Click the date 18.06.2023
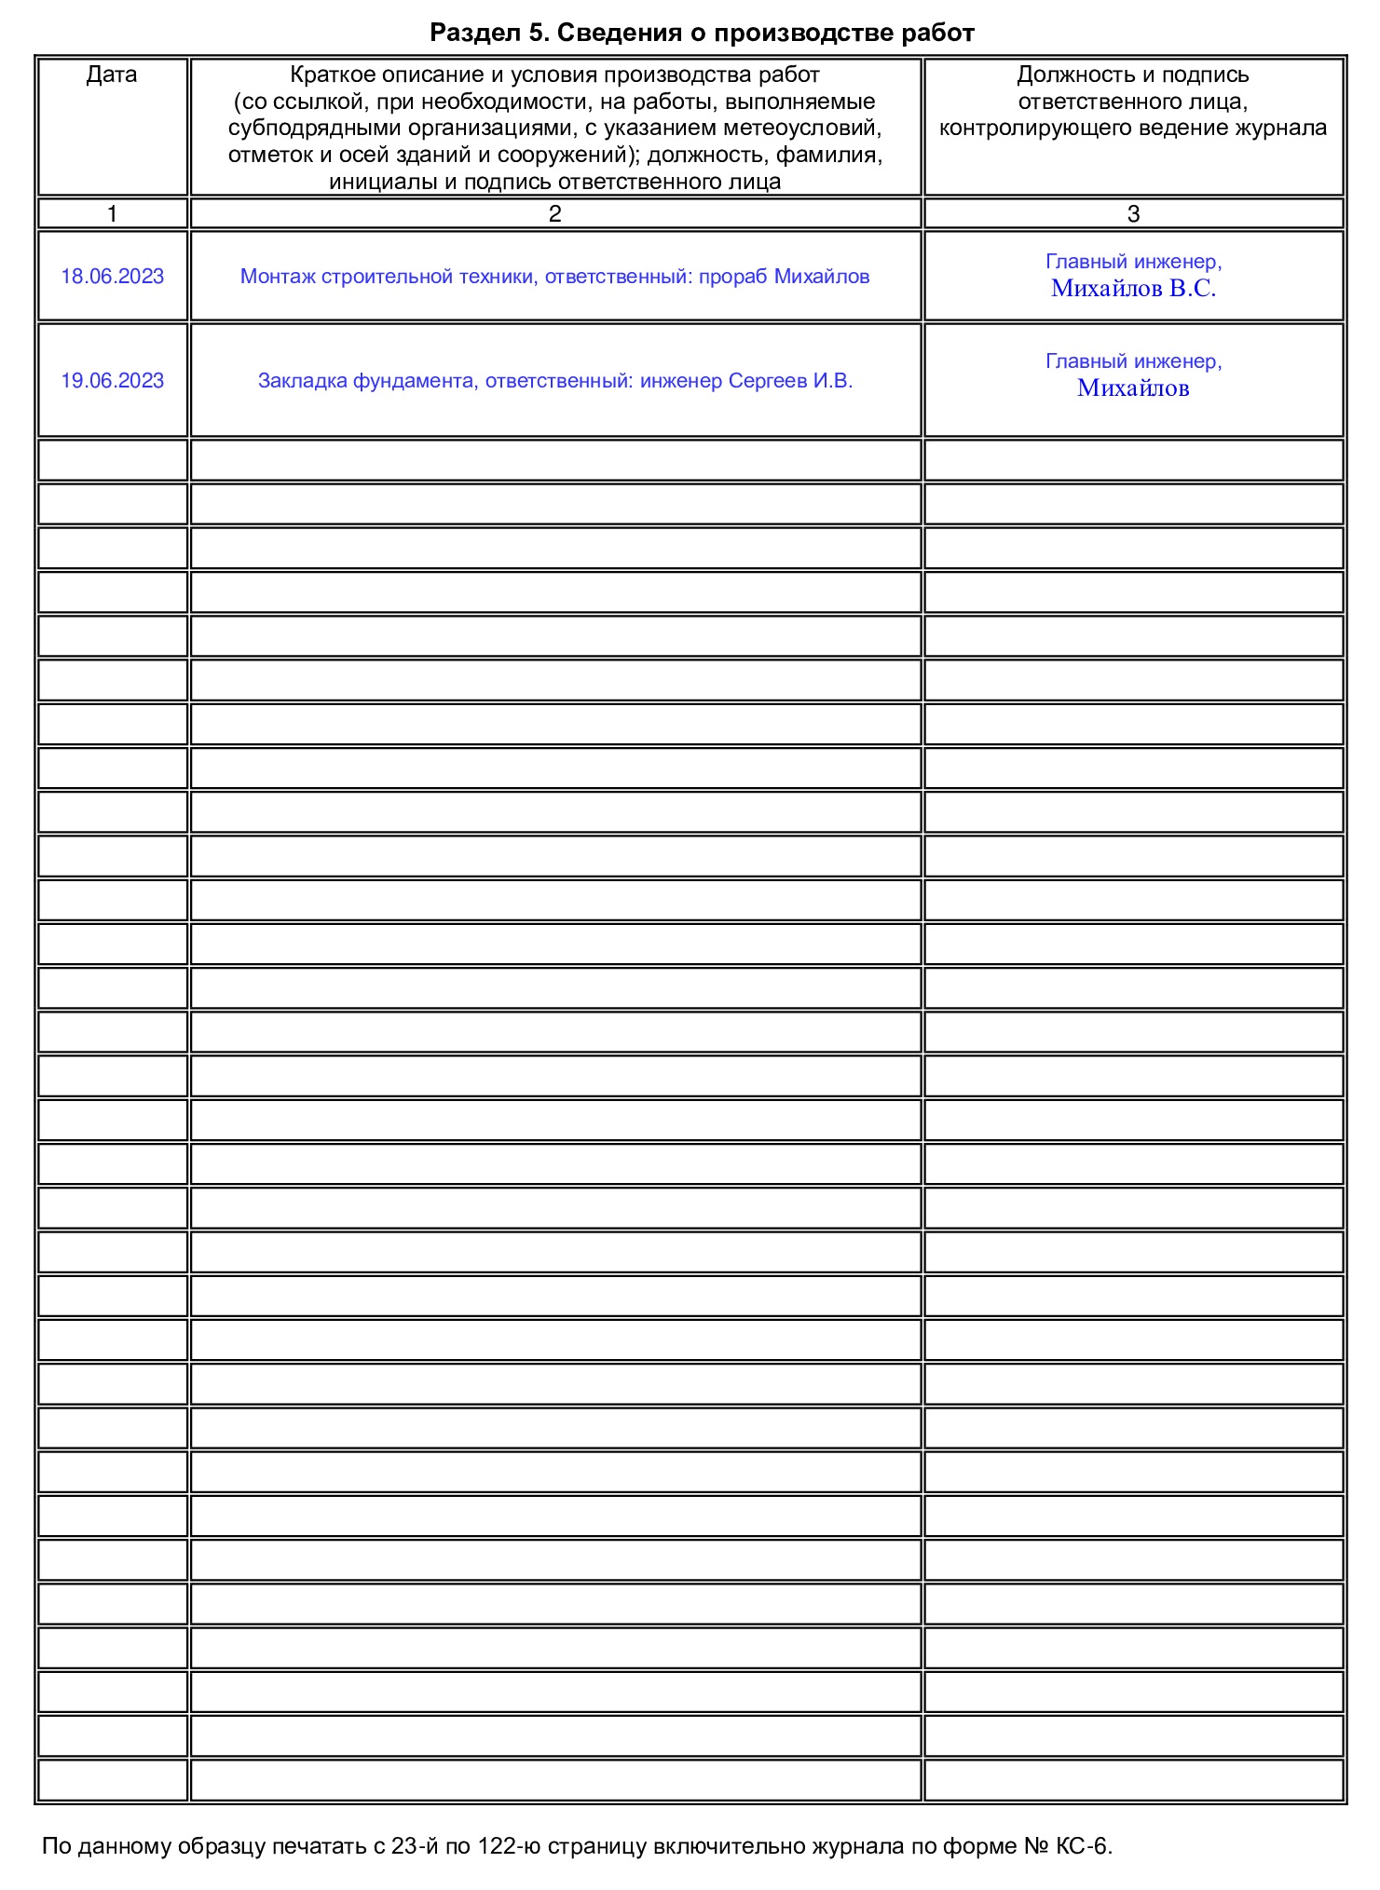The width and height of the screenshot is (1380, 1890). (x=112, y=277)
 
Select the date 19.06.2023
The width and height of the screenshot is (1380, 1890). (x=112, y=381)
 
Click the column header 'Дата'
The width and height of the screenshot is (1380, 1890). (x=112, y=75)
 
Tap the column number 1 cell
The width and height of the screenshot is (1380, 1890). (x=112, y=214)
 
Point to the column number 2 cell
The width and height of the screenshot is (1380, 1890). (x=554, y=214)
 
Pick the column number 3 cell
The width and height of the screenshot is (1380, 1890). (x=1133, y=214)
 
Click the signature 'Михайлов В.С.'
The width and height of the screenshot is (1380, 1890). (x=1133, y=289)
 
